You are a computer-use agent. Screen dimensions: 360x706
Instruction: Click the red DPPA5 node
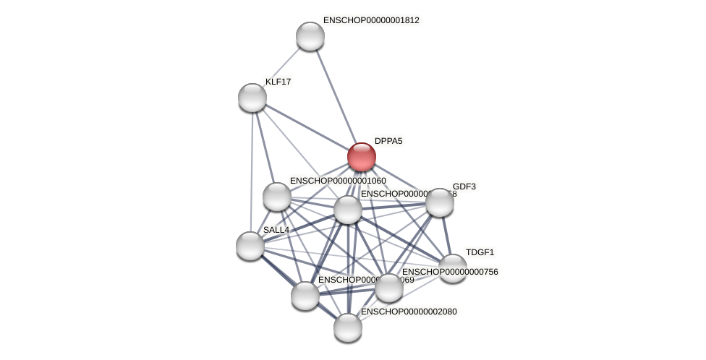361,157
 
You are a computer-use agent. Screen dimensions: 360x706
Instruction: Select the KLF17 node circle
252,98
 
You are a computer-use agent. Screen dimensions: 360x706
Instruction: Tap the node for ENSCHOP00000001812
310,36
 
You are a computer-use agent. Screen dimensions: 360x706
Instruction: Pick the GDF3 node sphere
439,202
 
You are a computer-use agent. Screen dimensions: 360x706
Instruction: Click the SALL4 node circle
250,246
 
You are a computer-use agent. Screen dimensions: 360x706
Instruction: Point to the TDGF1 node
453,268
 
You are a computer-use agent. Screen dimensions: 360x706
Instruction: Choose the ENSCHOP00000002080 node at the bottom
348,327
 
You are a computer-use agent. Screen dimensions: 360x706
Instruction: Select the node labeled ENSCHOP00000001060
277,197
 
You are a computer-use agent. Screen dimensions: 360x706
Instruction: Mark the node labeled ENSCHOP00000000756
389,288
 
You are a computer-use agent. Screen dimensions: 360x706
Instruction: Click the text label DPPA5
388,141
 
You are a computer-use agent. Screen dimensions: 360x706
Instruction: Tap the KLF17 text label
278,82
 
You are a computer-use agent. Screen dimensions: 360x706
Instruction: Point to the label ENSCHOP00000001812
371,20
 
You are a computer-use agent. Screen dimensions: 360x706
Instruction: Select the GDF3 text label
464,187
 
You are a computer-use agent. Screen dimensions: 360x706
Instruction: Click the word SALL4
276,230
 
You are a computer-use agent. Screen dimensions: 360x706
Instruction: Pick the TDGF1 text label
480,252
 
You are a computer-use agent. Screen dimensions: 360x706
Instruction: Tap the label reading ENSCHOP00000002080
409,312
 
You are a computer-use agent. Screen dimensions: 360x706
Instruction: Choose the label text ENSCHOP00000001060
338,181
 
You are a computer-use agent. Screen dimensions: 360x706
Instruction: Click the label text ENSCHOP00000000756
450,272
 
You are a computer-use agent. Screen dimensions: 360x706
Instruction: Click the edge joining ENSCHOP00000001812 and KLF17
281,67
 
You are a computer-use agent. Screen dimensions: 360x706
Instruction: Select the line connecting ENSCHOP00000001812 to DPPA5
336,96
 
